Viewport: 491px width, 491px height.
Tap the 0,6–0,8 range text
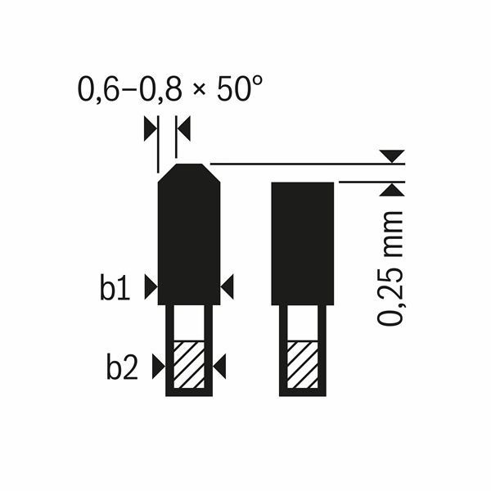[128, 89]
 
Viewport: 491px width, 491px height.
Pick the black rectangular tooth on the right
[302, 242]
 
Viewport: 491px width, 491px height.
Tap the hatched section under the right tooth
[302, 365]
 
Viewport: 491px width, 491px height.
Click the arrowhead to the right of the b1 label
[150, 286]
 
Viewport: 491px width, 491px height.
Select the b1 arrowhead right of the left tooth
[227, 286]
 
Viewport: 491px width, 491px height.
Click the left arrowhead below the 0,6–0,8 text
[150, 128]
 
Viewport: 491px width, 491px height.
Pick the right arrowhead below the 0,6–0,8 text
[183, 128]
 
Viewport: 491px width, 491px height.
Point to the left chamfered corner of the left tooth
[166, 173]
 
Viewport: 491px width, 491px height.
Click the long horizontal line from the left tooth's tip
[303, 164]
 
